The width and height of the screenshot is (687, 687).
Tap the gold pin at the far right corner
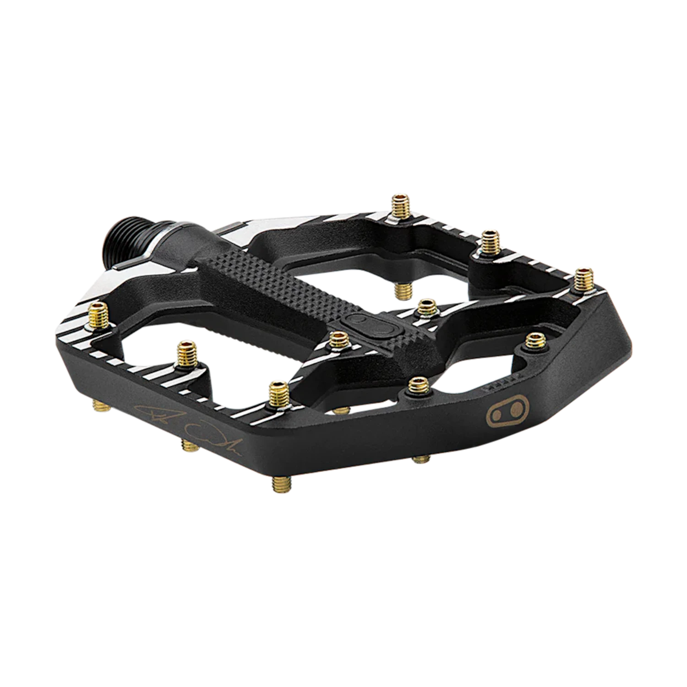coord(584,278)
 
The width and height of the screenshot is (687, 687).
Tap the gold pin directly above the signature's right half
coord(278,392)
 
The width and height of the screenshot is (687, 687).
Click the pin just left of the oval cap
coord(339,341)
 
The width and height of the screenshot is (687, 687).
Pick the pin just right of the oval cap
coord(427,306)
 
